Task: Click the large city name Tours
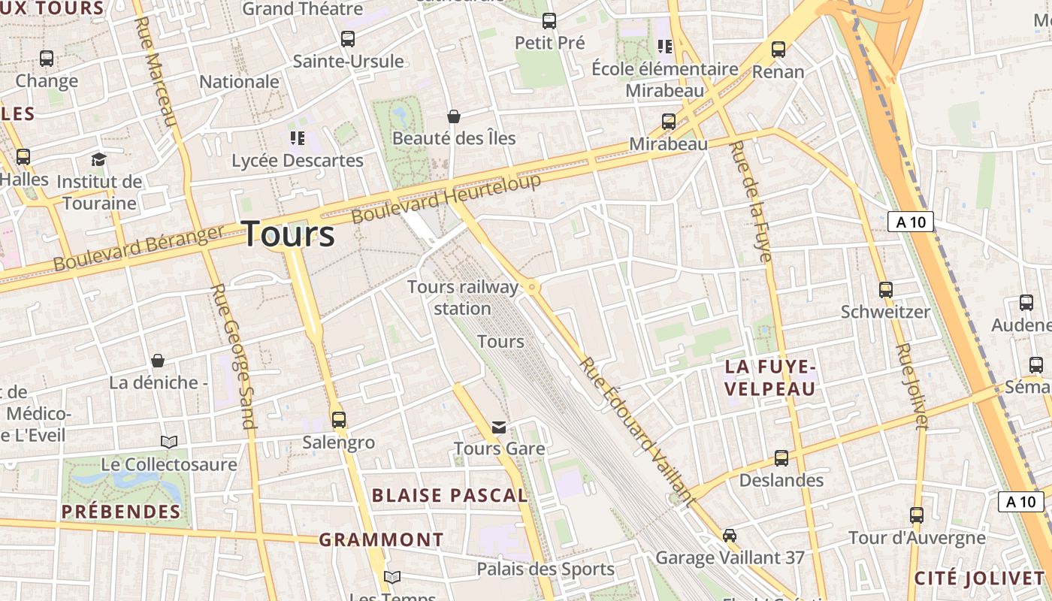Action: pos(289,234)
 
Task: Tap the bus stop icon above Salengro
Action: pos(339,419)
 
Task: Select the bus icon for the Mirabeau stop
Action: pos(668,121)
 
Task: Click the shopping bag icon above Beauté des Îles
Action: pos(454,116)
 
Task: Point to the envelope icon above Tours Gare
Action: pos(498,427)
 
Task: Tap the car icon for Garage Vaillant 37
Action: pos(729,535)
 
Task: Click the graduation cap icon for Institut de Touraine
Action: pos(98,159)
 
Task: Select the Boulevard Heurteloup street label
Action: pos(446,198)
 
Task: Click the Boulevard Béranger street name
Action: pos(138,249)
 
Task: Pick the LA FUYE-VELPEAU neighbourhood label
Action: pos(770,378)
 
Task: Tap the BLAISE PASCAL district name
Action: pos(450,495)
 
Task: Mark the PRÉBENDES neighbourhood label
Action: pos(121,512)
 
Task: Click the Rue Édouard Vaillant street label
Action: pos(636,430)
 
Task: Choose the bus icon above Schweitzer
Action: pos(886,289)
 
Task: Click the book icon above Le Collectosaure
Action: pos(169,442)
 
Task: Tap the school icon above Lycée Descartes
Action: pos(298,137)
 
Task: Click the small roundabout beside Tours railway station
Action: pos(532,286)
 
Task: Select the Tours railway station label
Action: pos(463,297)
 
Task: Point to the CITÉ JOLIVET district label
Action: pos(979,578)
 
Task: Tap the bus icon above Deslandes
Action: pos(781,458)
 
